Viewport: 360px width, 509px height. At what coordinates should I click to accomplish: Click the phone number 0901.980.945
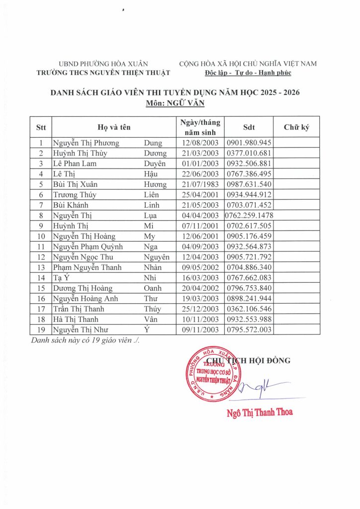(249, 143)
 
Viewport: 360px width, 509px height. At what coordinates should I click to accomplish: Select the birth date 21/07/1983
(199, 184)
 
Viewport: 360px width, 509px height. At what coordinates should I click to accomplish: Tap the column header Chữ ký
(296, 127)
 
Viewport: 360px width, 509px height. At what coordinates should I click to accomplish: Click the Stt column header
(41, 127)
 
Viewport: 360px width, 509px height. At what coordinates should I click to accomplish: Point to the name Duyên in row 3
(155, 164)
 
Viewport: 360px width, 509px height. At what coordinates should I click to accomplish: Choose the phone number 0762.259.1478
(249, 215)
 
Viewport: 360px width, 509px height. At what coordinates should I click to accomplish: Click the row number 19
(41, 330)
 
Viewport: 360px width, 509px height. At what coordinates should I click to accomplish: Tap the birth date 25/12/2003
(199, 309)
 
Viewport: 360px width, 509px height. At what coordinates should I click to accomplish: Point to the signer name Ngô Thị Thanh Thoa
(259, 412)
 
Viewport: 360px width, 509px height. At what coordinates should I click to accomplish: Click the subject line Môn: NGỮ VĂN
(176, 104)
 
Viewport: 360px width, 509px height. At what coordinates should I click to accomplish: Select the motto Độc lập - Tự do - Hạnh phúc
(248, 73)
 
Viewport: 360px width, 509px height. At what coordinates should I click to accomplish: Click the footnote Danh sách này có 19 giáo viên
(85, 341)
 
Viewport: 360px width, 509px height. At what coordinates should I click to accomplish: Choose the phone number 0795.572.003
(249, 330)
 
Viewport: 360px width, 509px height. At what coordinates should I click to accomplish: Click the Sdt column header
(249, 127)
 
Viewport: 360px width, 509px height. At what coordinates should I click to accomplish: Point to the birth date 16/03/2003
(199, 277)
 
